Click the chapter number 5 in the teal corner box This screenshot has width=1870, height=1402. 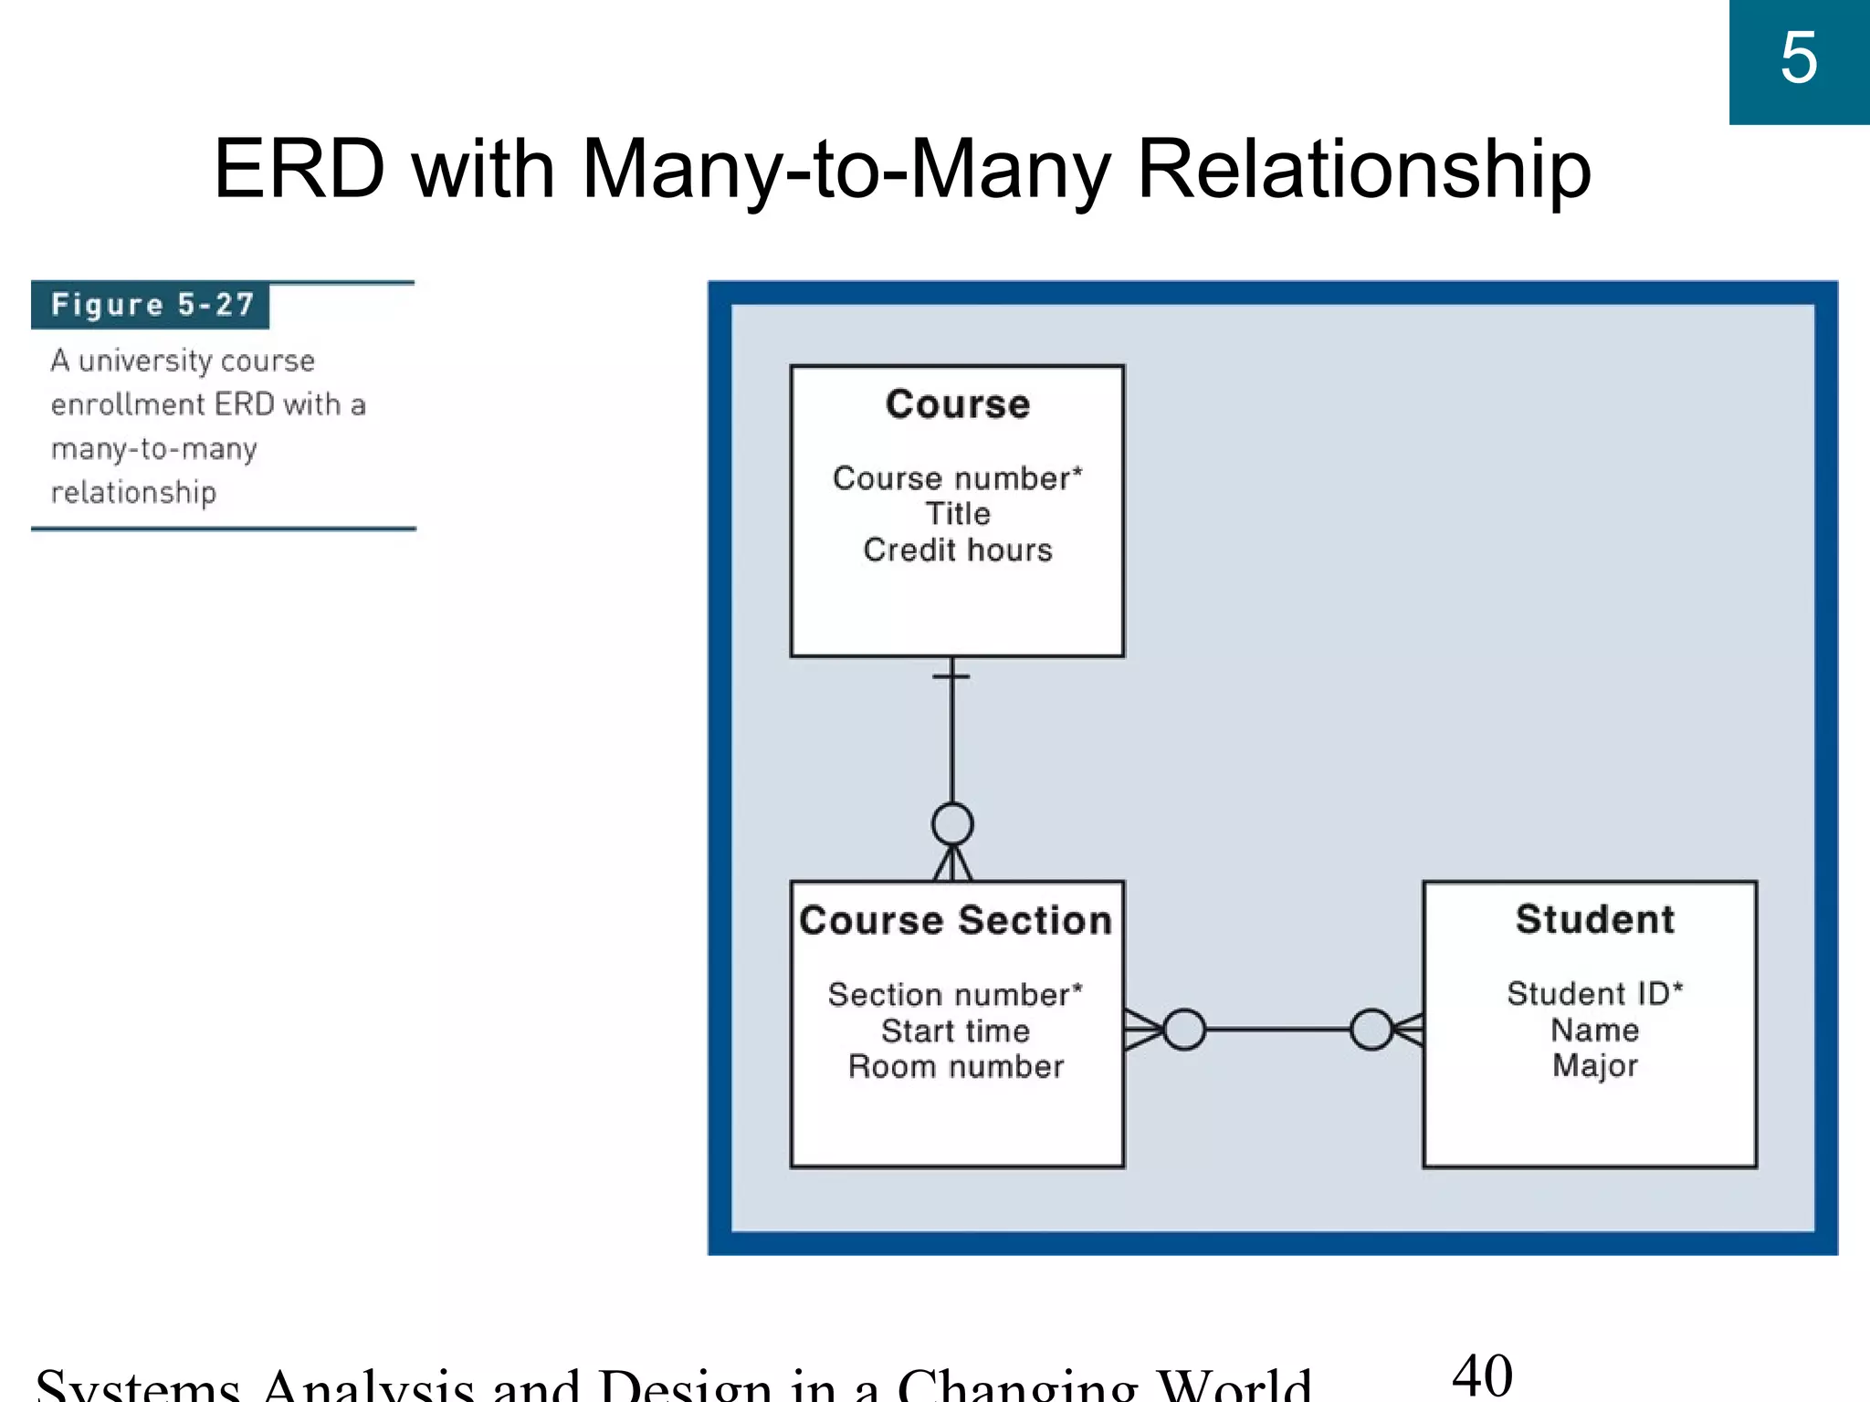[x=1798, y=59]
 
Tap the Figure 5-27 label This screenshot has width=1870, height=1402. [x=152, y=305]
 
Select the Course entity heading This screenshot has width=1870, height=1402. [x=957, y=404]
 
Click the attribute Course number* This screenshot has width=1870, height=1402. [x=957, y=478]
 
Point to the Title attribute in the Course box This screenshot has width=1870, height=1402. [x=957, y=514]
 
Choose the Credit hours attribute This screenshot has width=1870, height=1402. [x=957, y=549]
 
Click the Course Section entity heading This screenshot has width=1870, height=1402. [x=955, y=920]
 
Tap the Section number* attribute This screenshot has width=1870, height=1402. [x=955, y=994]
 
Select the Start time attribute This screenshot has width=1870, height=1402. [x=955, y=1031]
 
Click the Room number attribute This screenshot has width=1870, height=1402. [x=955, y=1066]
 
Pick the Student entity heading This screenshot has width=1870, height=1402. [x=1594, y=919]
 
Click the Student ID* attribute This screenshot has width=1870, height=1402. [x=1594, y=993]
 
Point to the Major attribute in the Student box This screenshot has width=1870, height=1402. [x=1594, y=1065]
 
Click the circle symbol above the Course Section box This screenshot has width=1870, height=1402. [x=952, y=824]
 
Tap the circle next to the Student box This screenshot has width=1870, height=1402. [x=1371, y=1030]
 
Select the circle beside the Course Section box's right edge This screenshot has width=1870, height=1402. [x=1184, y=1030]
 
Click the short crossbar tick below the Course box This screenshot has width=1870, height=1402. [x=951, y=676]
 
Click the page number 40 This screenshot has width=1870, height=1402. [x=1482, y=1376]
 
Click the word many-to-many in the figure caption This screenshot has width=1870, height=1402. [x=154, y=449]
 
